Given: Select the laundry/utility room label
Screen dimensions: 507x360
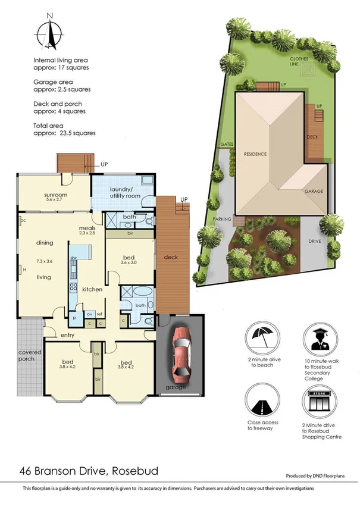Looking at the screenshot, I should point(124,192).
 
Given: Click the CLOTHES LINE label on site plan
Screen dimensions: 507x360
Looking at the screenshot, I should point(298,62).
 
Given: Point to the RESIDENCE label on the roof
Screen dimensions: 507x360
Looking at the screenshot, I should point(255,154).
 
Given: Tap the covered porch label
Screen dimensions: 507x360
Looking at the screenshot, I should point(26,355).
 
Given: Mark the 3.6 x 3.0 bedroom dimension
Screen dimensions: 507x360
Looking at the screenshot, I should point(129,261).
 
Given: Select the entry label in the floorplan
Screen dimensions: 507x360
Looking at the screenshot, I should point(67,335).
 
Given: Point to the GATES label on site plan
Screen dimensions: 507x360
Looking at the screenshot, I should point(226,145).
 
